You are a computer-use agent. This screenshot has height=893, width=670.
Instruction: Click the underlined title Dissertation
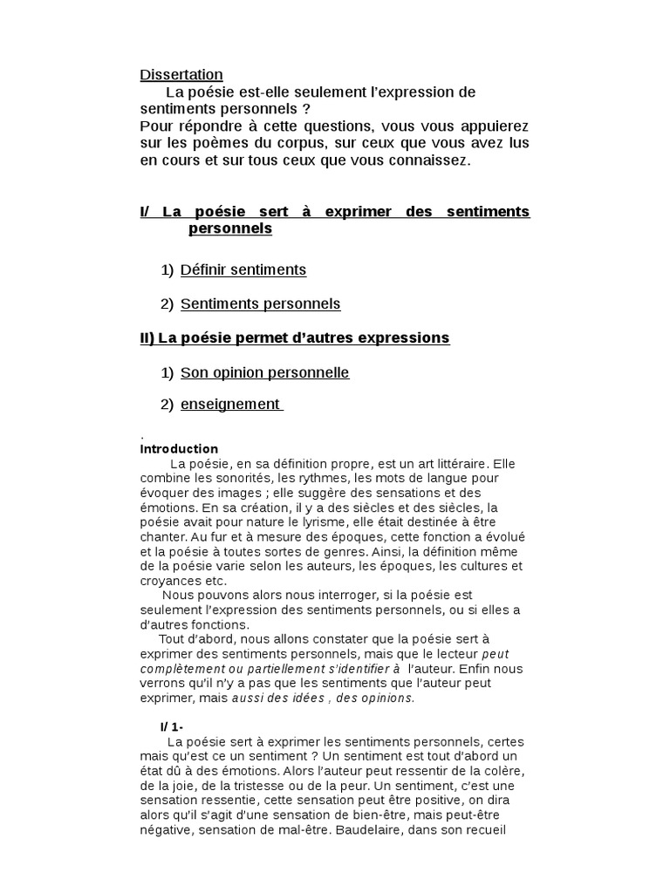[181, 75]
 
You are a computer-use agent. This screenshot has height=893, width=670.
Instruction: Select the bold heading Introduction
[179, 449]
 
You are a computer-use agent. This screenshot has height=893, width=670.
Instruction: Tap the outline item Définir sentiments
[243, 269]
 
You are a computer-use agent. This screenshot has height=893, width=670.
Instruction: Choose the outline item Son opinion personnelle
[264, 372]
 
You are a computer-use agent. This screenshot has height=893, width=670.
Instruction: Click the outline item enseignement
[230, 405]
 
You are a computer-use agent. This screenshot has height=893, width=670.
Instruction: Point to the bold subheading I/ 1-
[172, 726]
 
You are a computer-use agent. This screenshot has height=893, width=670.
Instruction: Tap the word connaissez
[427, 160]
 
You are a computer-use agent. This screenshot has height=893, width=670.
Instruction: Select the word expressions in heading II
[406, 338]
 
